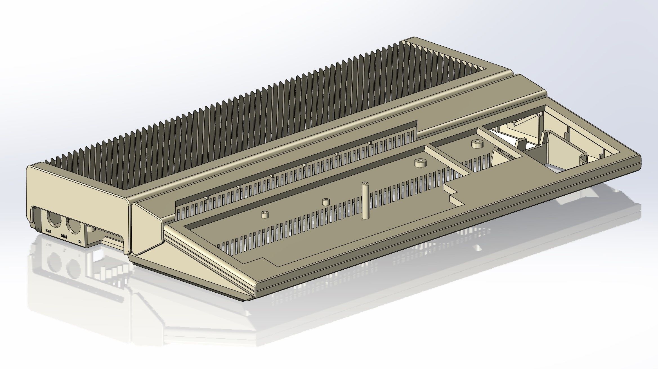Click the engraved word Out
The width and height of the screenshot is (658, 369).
coord(48,231)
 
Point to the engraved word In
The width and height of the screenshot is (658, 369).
coord(80,241)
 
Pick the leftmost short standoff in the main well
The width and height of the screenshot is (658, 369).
coord(265,215)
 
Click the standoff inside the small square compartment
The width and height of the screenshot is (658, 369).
coord(477,144)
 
